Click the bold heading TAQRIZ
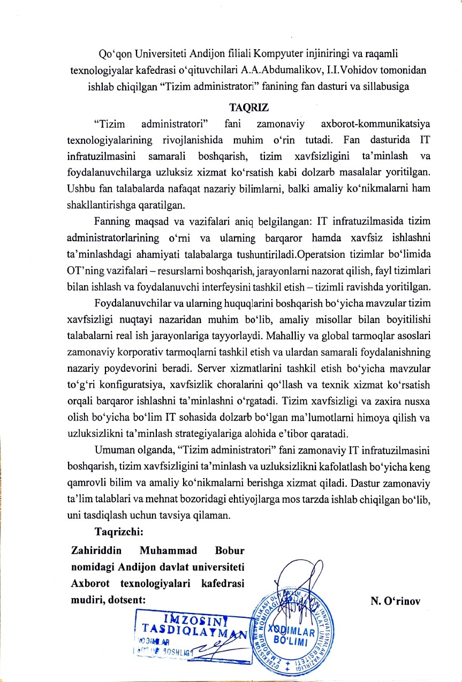[231, 106]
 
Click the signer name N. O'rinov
[395, 601]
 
